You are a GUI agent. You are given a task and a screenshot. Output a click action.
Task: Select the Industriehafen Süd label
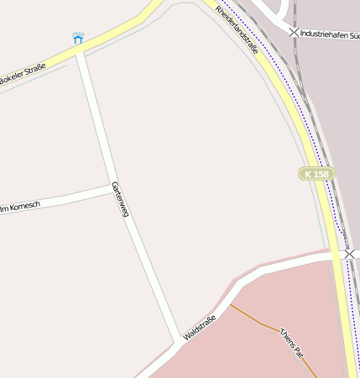point(329,34)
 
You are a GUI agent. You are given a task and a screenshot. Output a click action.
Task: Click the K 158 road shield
point(317,173)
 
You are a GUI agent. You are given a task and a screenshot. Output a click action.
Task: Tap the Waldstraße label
point(200,327)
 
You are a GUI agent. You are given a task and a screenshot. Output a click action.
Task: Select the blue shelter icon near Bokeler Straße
point(78,38)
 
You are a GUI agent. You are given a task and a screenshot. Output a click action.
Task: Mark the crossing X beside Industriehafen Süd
point(294,33)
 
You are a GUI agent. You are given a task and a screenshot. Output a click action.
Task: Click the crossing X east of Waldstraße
point(350,253)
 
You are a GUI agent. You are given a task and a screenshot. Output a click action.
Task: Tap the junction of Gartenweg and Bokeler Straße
point(78,52)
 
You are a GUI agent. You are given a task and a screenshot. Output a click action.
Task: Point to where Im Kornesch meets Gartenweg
point(111,186)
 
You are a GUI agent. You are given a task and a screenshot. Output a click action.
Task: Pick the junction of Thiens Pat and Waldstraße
point(231,304)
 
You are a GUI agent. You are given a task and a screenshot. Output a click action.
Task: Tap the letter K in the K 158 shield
point(309,173)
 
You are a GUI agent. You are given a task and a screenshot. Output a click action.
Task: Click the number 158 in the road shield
point(321,173)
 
